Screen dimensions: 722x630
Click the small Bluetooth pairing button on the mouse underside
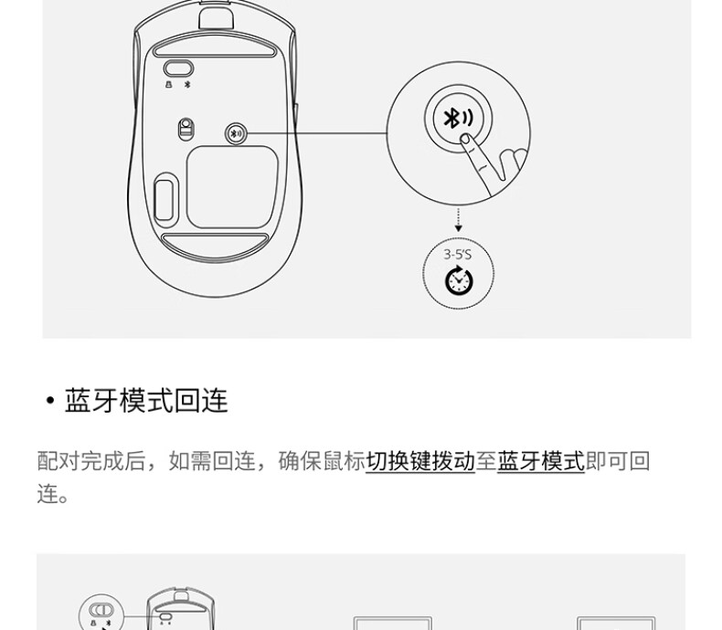[236, 134]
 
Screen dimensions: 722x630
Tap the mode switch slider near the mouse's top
[178, 69]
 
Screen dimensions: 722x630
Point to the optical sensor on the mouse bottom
[186, 129]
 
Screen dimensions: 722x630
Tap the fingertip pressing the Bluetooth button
[465, 139]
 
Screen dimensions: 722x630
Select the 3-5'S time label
[457, 255]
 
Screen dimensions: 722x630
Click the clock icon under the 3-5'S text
[459, 279]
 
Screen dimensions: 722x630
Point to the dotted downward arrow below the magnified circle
[458, 220]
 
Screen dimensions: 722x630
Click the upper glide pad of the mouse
[215, 47]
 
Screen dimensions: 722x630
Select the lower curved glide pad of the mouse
[215, 246]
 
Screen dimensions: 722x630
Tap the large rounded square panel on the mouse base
[232, 187]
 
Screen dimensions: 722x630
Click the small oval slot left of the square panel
[165, 200]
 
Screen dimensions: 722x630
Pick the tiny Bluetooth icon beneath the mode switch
[187, 85]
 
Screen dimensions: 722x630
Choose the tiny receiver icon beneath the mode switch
[168, 85]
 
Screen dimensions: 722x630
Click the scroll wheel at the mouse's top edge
[216, 15]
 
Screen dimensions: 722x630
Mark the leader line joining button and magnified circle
[317, 134]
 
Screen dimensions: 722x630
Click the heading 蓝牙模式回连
[146, 401]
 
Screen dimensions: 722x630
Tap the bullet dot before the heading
[50, 401]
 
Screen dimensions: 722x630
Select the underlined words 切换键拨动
[420, 461]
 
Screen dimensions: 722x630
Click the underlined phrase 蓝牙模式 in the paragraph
[541, 461]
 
